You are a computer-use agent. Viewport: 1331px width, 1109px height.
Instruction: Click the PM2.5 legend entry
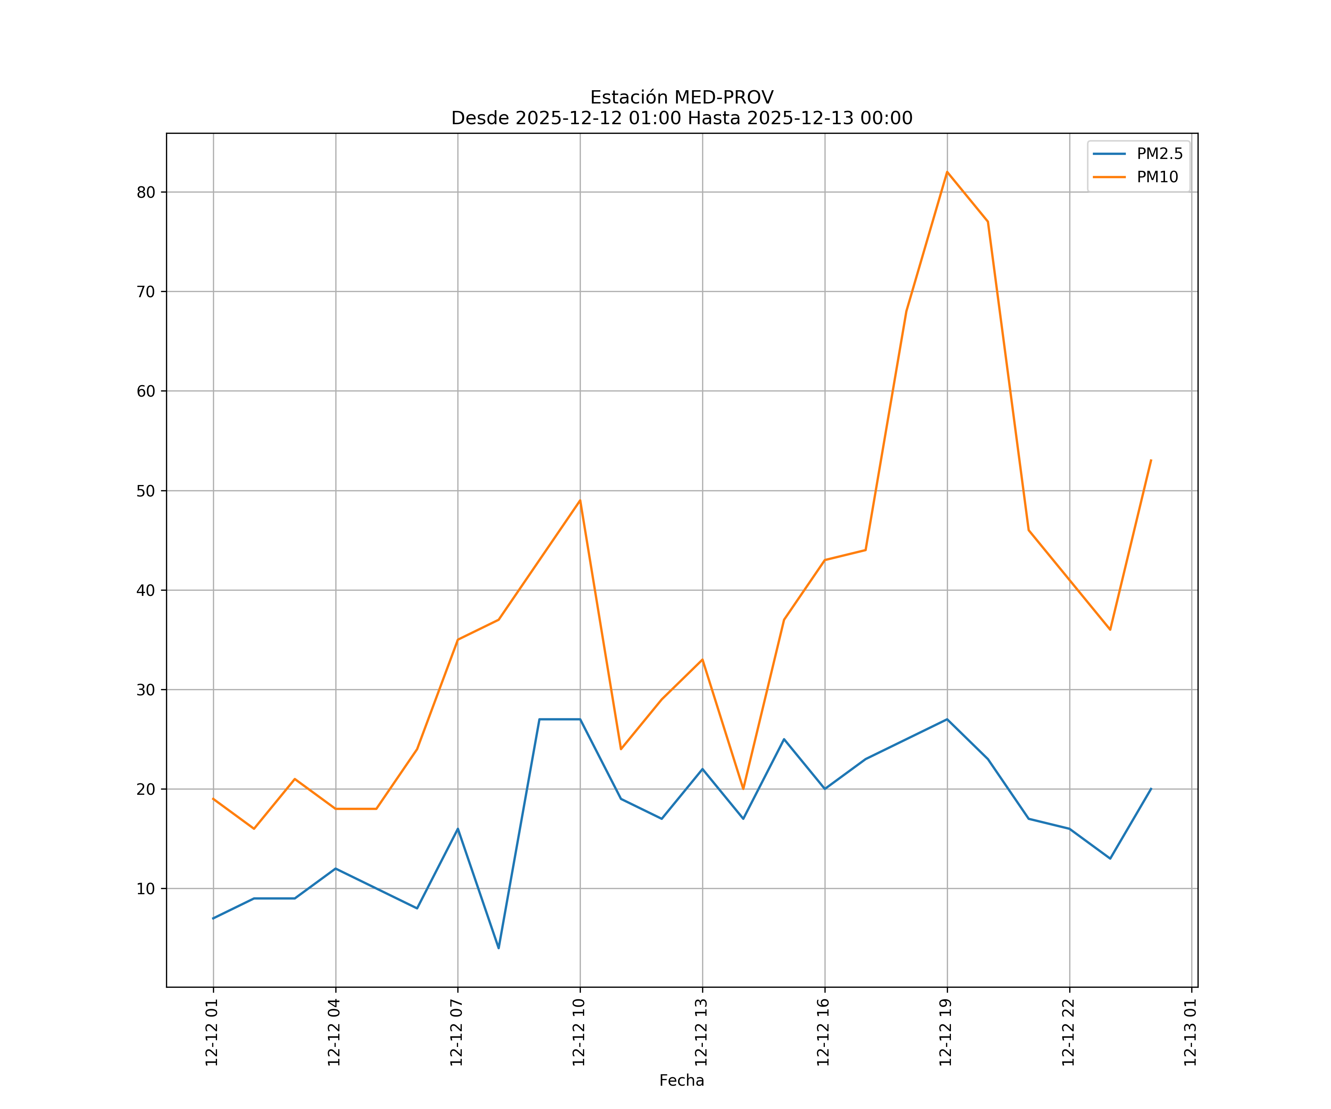pos(1159,154)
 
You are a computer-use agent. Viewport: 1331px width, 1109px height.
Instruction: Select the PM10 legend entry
pos(1157,177)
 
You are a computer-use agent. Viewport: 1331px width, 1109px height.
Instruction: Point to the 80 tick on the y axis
pos(146,193)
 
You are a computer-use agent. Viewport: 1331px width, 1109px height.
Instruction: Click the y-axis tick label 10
pos(146,889)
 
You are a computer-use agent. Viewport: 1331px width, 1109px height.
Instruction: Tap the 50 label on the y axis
pos(146,491)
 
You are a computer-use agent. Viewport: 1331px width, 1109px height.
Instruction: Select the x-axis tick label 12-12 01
pos(212,1032)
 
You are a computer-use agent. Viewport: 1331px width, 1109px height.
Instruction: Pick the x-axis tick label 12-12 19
pos(946,1032)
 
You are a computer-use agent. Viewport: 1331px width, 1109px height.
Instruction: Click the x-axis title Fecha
pos(681,1081)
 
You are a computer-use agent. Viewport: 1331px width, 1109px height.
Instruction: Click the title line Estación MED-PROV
pos(681,98)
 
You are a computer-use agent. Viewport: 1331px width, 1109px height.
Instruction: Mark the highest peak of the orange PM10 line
pos(947,172)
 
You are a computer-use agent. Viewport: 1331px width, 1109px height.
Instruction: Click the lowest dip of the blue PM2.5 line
pos(499,948)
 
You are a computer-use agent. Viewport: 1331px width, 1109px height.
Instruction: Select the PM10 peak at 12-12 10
pos(580,501)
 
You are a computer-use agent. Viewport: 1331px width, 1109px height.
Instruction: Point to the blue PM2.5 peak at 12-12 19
pos(947,719)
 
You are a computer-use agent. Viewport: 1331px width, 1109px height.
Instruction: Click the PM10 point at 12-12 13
pos(702,660)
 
